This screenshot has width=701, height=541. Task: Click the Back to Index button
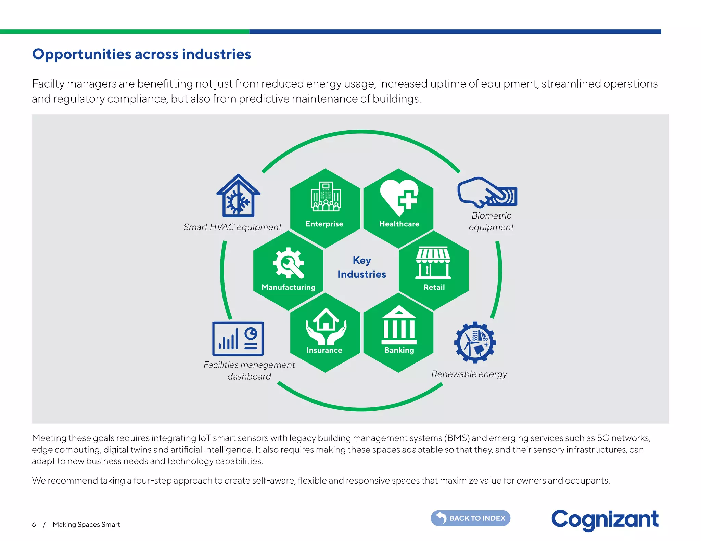click(x=470, y=518)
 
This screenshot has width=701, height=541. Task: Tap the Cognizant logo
click(x=604, y=519)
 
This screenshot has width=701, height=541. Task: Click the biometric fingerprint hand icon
click(x=487, y=192)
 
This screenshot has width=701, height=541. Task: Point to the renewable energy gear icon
click(x=475, y=342)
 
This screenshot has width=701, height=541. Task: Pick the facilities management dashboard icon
click(x=238, y=339)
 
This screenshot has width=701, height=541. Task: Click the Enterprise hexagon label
click(x=324, y=224)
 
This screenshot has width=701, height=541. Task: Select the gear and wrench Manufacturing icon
click(x=288, y=263)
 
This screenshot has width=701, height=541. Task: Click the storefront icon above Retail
click(x=433, y=263)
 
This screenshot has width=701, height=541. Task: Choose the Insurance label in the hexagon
click(x=324, y=350)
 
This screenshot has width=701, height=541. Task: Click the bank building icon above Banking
click(x=399, y=326)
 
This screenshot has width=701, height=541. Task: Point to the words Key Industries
click(x=362, y=267)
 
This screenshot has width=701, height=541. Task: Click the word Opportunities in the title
click(x=81, y=54)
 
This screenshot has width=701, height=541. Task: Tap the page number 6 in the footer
click(x=34, y=525)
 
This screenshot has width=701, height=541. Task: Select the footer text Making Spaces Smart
click(x=86, y=525)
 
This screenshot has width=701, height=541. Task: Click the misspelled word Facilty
click(x=48, y=84)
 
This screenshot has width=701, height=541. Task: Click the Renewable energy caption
click(x=469, y=374)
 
